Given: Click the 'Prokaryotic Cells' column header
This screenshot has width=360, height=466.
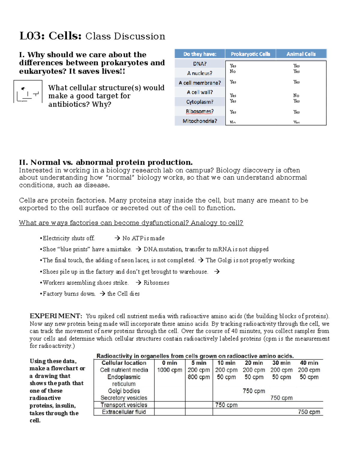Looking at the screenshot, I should (x=250, y=54).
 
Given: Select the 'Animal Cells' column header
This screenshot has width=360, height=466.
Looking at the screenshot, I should (x=301, y=54).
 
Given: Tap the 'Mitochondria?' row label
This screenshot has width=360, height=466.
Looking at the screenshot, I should (x=199, y=121).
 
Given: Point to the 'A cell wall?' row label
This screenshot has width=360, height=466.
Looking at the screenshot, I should (x=199, y=92).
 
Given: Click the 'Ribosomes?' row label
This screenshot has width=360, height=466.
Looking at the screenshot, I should (x=199, y=111).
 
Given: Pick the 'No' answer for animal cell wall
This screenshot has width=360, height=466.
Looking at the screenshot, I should (x=296, y=95).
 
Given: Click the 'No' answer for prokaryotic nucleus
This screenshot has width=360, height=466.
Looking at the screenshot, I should (x=232, y=71).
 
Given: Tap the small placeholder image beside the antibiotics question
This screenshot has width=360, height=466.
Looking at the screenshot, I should (x=28, y=92).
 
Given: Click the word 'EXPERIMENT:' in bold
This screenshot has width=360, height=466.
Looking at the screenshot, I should (x=56, y=316).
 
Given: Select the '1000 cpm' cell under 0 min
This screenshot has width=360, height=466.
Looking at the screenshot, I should (x=169, y=370).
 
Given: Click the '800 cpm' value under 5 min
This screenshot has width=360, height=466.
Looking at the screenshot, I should (x=199, y=377).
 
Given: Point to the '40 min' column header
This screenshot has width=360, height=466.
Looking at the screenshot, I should (x=309, y=363).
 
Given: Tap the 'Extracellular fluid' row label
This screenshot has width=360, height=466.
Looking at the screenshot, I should (x=124, y=412).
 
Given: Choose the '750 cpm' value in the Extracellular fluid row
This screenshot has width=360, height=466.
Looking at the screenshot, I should (x=309, y=412).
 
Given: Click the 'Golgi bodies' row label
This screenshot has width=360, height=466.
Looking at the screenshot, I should (x=124, y=391).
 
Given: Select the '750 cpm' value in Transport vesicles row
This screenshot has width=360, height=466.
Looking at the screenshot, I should (x=226, y=405).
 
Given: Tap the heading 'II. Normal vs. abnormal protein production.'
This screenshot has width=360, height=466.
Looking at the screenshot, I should (x=106, y=162).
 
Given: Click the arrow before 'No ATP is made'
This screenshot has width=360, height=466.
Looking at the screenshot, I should (x=117, y=238).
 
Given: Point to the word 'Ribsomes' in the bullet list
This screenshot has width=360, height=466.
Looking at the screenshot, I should (x=156, y=283).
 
